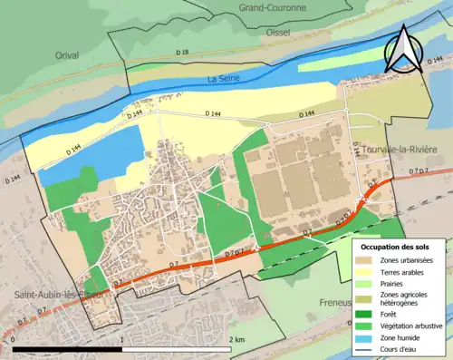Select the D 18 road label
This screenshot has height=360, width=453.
(x=181, y=54)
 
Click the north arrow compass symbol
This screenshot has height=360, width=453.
(x=402, y=49)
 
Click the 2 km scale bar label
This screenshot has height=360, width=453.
(x=236, y=339)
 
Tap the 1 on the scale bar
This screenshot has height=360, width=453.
(x=121, y=339)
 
